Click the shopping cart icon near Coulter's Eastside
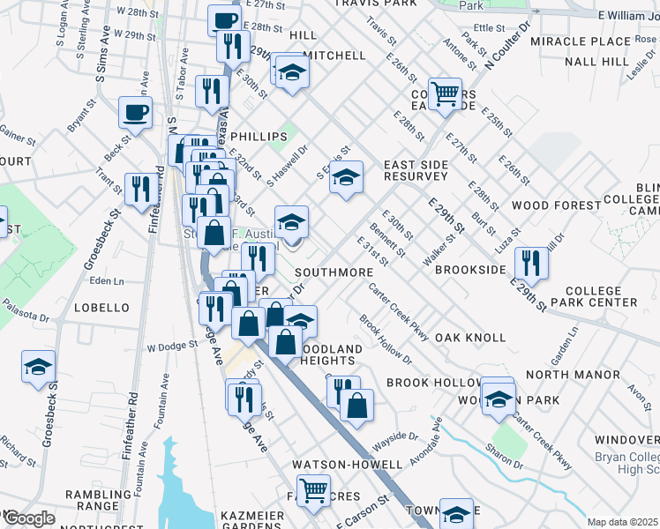(446, 92)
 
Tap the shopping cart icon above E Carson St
(313, 489)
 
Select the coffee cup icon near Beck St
(136, 112)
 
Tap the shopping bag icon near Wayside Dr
(357, 406)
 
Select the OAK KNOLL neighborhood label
(470, 338)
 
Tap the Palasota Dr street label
(24, 316)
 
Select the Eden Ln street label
(106, 281)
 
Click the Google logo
(28, 518)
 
